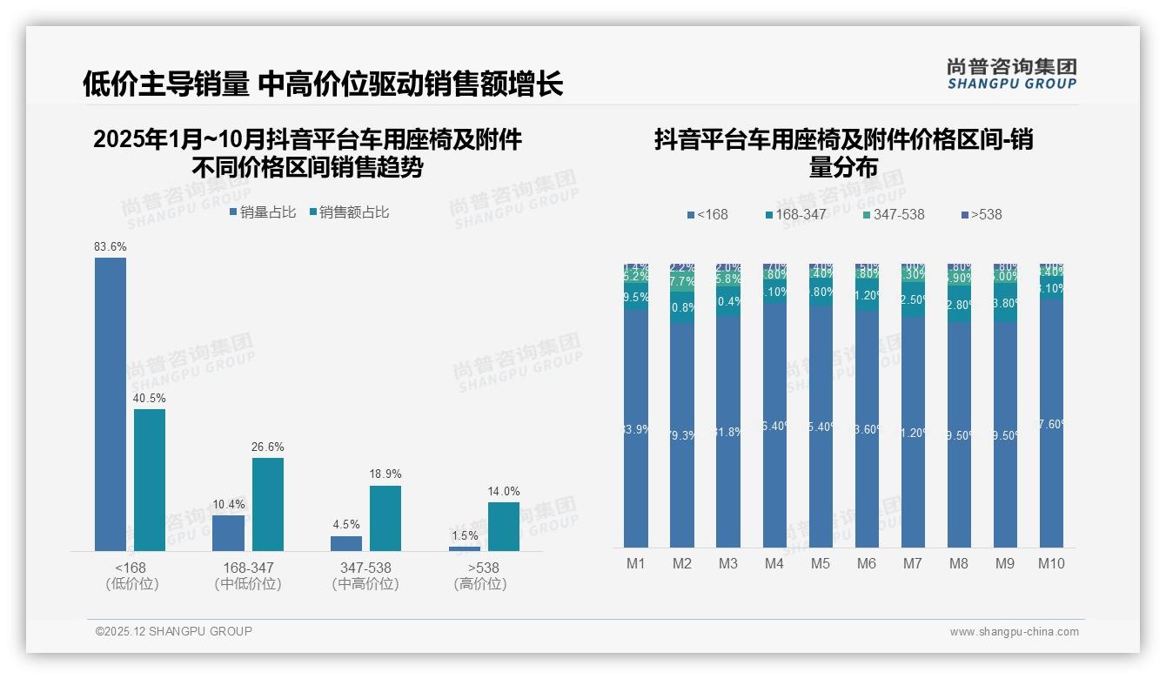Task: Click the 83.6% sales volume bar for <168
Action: point(111,404)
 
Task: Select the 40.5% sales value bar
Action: point(150,480)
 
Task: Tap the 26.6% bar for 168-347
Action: point(268,504)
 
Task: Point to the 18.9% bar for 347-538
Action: point(385,518)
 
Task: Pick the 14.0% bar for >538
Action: point(503,526)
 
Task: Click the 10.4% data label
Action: point(229,504)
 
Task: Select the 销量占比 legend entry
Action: point(263,212)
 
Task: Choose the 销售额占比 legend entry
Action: point(349,212)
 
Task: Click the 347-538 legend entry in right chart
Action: point(894,214)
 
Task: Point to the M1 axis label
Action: point(636,563)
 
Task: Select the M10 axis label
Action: point(1051,563)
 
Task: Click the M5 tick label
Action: point(821,563)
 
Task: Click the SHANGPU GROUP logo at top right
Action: point(1012,74)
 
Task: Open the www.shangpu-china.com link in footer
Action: point(1014,632)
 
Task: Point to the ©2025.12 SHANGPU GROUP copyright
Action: point(174,631)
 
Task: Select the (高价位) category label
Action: point(480,584)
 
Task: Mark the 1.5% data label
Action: point(465,535)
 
